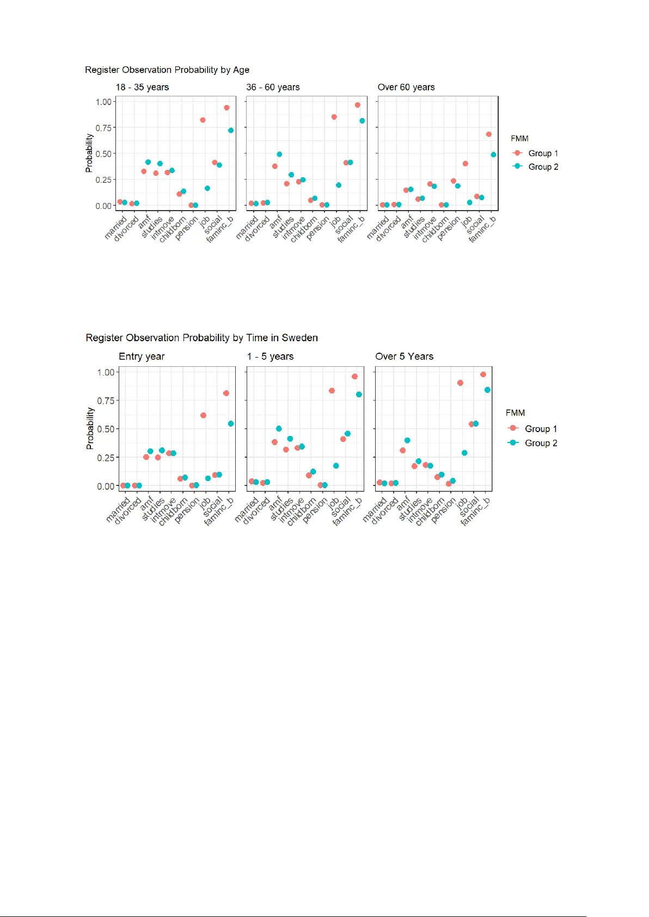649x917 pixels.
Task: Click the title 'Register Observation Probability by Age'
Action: [x=167, y=70]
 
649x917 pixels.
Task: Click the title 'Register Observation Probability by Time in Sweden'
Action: [x=201, y=338]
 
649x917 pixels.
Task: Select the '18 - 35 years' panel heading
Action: [x=142, y=87]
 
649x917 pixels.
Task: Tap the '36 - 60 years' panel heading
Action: [x=273, y=87]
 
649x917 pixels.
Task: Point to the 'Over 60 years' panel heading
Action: [x=406, y=87]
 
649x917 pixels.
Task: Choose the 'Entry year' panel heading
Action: [x=142, y=356]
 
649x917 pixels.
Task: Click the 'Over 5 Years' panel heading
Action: [x=405, y=356]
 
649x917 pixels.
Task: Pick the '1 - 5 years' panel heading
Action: [x=270, y=356]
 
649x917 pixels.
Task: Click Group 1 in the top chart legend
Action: [x=543, y=153]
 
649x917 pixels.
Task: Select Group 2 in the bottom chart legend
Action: [x=541, y=443]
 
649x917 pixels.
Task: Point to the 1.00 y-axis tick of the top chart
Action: [x=103, y=102]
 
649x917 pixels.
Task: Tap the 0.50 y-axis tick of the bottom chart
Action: [x=106, y=429]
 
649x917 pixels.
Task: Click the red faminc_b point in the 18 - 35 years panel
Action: [x=226, y=108]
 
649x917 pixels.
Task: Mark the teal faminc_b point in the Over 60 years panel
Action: [x=493, y=155]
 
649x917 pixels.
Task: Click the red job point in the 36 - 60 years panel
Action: [x=334, y=117]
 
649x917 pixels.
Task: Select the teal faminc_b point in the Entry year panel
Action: [x=231, y=423]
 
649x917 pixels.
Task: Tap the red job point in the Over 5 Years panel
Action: [x=460, y=383]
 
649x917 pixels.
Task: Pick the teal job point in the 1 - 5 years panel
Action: [x=336, y=466]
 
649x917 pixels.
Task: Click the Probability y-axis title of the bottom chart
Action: [x=90, y=429]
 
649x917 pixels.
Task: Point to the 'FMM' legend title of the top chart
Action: [x=519, y=139]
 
